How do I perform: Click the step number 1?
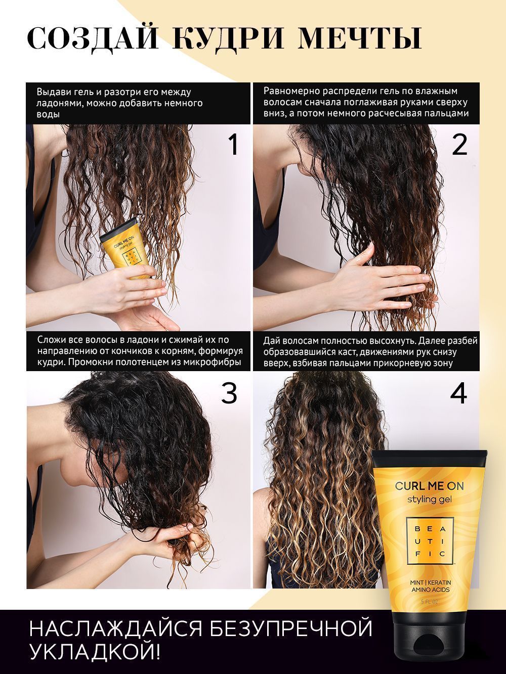pyautogui.click(x=233, y=146)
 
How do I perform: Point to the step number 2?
pyautogui.click(x=459, y=146)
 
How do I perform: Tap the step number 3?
pyautogui.click(x=229, y=393)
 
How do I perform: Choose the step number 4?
pyautogui.click(x=458, y=393)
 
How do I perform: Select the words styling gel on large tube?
pyautogui.click(x=429, y=501)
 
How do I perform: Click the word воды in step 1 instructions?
pyautogui.click(x=48, y=115)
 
